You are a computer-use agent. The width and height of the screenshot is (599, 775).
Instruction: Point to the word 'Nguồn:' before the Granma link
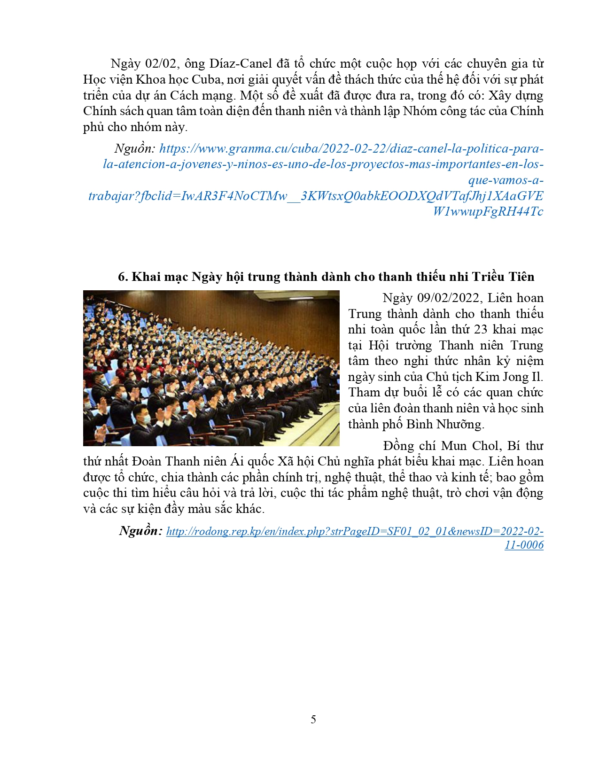(x=134, y=149)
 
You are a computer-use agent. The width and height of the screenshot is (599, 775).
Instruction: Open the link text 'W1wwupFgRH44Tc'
(x=488, y=211)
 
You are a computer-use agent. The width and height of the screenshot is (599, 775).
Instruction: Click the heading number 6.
(x=123, y=277)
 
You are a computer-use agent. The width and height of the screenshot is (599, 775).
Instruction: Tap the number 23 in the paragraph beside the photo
(x=481, y=330)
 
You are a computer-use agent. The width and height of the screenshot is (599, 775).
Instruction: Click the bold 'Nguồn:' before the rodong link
(x=140, y=531)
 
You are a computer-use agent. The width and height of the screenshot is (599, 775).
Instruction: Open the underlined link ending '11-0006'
(x=524, y=545)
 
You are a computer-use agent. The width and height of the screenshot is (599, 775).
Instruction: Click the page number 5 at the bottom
(x=313, y=720)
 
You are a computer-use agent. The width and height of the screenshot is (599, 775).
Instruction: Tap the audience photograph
(x=211, y=368)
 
